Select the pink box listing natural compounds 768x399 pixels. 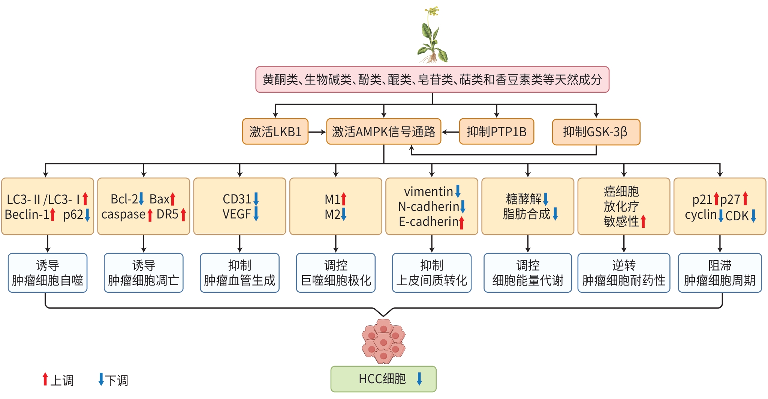point(432,80)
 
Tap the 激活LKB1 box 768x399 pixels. point(275,132)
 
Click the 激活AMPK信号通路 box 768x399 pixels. point(383,132)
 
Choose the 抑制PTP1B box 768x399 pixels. point(496,132)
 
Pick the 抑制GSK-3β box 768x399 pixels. point(596,132)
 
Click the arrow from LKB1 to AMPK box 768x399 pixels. point(317,132)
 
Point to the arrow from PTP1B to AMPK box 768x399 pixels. point(450,132)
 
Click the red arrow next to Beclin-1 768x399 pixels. point(53,215)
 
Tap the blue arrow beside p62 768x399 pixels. point(87,215)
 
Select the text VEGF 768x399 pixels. point(237,214)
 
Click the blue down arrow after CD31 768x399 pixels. point(256,199)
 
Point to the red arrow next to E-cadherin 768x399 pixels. point(462,222)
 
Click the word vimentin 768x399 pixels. point(428,192)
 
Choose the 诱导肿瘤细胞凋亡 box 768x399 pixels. point(144,273)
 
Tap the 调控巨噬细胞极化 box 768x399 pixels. point(335,273)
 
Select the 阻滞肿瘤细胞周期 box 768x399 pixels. point(720,273)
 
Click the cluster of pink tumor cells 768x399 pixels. point(383,341)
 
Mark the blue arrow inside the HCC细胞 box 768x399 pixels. point(419,379)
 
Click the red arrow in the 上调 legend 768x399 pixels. point(45,379)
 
